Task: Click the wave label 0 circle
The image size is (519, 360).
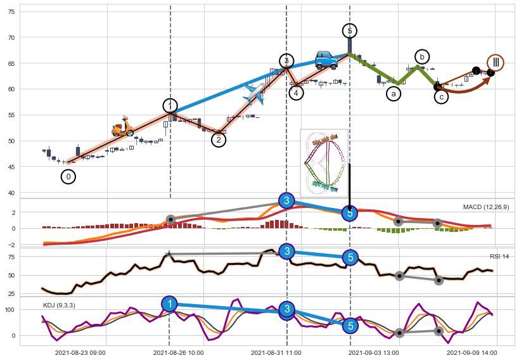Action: coord(68,177)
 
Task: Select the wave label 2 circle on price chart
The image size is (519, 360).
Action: coord(218,139)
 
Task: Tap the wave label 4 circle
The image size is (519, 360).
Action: coord(296,93)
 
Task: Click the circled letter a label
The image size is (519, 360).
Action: coord(394,94)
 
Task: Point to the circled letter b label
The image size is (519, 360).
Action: coord(422,56)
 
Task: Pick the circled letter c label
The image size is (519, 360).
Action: coord(441,96)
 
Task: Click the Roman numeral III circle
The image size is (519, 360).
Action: coord(496,63)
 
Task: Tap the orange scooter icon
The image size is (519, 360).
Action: coord(122,127)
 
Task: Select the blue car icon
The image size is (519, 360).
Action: coord(326,60)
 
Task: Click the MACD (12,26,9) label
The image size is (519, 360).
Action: coord(486,207)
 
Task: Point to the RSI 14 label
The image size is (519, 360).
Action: coord(499,256)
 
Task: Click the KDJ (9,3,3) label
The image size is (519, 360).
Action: coord(58,305)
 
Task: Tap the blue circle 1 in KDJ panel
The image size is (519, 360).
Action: coord(169,304)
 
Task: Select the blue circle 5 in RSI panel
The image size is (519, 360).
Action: coord(350,257)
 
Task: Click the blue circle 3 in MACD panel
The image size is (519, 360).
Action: coord(286,201)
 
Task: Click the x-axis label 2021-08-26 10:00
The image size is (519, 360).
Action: coord(179,352)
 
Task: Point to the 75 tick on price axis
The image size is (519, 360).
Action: coord(10,11)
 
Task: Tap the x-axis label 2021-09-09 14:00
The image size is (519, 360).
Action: coord(471,352)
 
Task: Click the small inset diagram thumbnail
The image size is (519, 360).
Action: coord(324,162)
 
